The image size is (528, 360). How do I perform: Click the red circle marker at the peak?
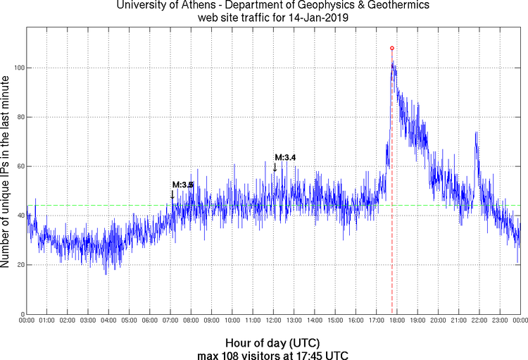tap(392, 48)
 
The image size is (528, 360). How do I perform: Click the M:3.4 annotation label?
tap(285, 157)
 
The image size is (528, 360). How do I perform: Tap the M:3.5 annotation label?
tap(182, 185)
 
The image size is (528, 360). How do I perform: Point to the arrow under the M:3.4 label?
tap(275, 167)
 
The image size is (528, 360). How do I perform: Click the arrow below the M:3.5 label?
tap(172, 194)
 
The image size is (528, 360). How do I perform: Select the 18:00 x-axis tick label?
tap(397, 321)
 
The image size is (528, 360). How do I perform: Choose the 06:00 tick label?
tap(150, 321)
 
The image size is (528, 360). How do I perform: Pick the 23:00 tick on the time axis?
tap(500, 321)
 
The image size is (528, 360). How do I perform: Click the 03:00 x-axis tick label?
tap(89, 321)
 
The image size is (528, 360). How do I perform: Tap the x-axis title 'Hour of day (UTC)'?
tap(274, 342)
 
